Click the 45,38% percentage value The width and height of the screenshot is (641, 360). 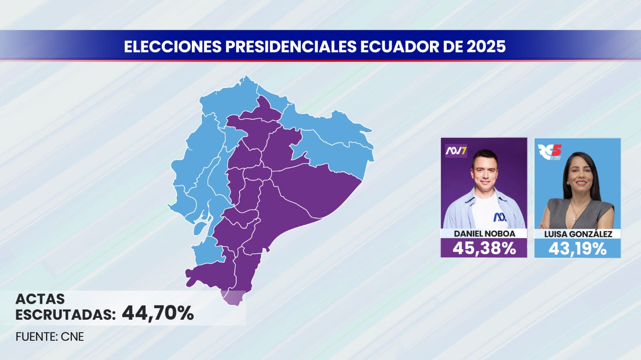click(x=484, y=248)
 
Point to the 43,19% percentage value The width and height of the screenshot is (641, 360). click(x=577, y=249)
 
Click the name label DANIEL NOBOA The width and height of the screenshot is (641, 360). click(x=484, y=234)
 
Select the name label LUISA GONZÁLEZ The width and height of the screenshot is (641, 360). click(x=577, y=234)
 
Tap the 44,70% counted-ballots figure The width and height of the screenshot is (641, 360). click(x=158, y=314)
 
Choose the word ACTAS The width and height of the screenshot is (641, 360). click(x=40, y=300)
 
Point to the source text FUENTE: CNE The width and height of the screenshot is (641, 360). click(x=50, y=337)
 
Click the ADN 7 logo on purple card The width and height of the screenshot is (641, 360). click(x=456, y=150)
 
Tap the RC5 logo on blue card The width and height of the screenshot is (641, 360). click(x=549, y=152)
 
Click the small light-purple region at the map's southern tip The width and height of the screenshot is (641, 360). click(x=233, y=298)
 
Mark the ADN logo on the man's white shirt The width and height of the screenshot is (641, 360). click(x=500, y=217)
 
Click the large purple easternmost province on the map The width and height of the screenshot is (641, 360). click(x=316, y=188)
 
